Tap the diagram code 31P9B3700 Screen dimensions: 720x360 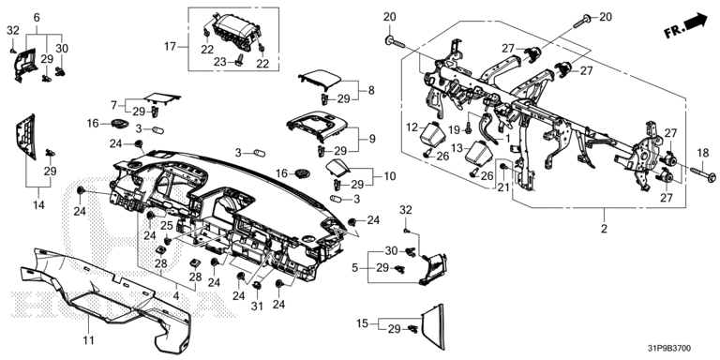(668, 349)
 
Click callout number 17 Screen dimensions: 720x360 (171, 46)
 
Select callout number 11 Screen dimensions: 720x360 (89, 339)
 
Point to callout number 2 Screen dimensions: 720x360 (604, 228)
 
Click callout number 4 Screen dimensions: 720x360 (176, 295)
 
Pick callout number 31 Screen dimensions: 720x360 (257, 306)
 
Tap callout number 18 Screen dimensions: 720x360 (703, 153)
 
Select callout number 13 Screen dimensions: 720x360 (457, 147)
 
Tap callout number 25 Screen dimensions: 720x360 (166, 225)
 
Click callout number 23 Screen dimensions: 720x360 (221, 61)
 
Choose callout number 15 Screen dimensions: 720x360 (363, 323)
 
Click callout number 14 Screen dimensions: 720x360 (38, 204)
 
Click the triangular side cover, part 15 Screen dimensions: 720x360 (434, 326)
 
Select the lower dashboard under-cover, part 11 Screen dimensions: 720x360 (106, 298)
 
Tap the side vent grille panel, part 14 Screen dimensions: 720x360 (26, 137)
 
